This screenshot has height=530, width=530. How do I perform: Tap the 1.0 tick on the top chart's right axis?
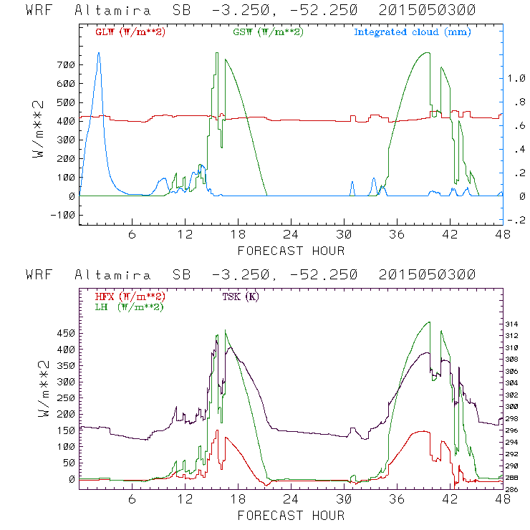[x=516, y=79]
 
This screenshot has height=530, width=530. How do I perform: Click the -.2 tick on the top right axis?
[x=516, y=221]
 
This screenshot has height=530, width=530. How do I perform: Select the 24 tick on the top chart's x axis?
[x=290, y=234]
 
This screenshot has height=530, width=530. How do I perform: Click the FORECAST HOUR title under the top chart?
[x=290, y=251]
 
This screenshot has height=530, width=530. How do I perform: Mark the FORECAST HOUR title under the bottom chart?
[x=290, y=515]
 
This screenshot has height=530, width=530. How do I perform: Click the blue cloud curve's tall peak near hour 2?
[x=99, y=54]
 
